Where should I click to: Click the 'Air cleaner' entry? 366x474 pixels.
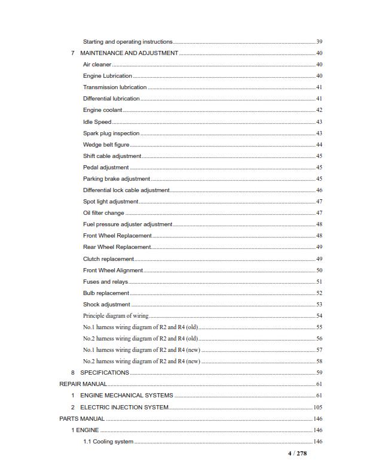[97, 65]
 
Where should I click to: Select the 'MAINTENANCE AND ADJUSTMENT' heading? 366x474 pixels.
[129, 53]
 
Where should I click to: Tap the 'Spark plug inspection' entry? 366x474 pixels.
[111, 133]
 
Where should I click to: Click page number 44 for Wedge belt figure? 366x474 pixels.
[319, 145]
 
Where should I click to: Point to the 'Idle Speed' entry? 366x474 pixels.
[97, 122]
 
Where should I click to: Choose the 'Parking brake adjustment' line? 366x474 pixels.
[116, 179]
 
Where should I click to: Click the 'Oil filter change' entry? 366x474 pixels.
[103, 213]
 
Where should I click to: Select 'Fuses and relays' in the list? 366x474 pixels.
[105, 282]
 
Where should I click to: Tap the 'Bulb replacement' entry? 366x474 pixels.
[106, 293]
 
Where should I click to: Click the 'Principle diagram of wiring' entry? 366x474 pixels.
[115, 316]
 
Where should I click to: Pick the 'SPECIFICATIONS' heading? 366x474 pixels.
[105, 373]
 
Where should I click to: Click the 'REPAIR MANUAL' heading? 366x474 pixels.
[83, 384]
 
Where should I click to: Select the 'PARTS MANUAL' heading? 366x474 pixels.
[82, 419]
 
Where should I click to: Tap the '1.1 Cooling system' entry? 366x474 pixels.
[108, 442]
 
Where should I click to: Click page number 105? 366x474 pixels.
[318, 407]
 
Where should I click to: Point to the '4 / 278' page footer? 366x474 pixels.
[297, 454]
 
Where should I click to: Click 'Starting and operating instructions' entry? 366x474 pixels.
[127, 42]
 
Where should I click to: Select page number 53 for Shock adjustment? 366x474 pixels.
[319, 305]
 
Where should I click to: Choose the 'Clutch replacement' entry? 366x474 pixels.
[108, 259]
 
